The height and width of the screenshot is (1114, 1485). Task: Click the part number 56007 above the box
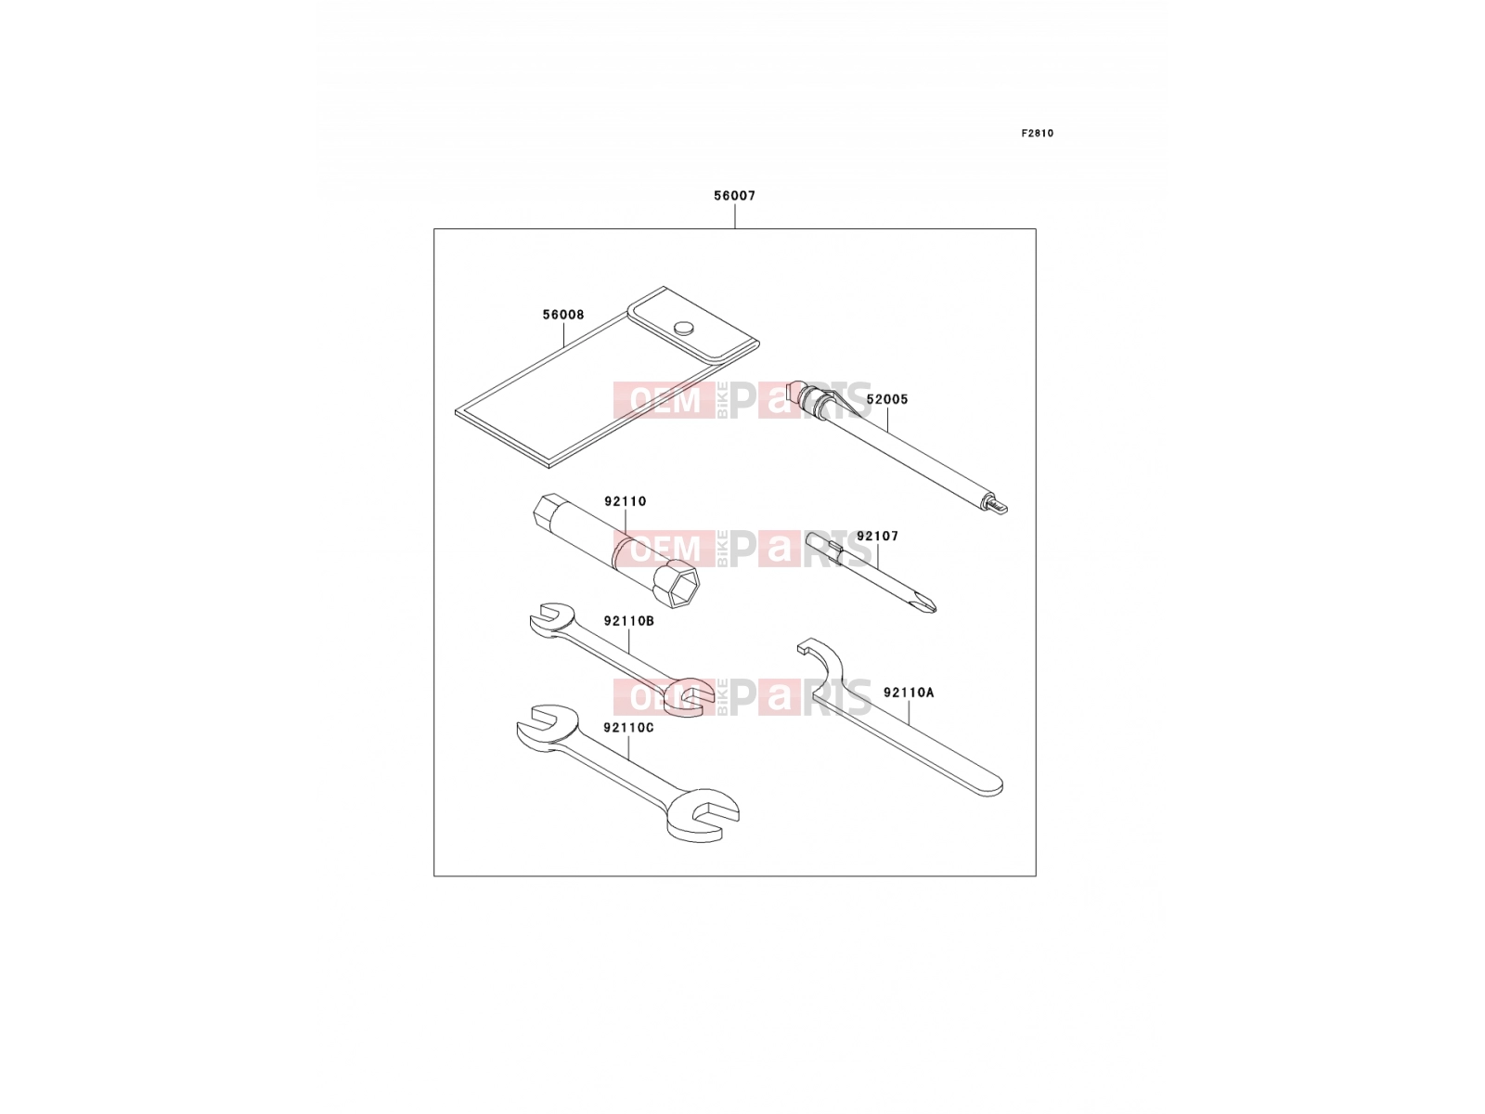tap(734, 196)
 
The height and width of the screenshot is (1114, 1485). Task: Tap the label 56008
tap(562, 315)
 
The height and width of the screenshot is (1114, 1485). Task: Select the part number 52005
tap(887, 399)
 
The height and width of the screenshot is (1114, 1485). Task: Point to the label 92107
tap(877, 536)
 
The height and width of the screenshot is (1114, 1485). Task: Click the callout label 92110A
tap(909, 692)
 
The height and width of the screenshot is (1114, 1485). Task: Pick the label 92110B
tap(629, 620)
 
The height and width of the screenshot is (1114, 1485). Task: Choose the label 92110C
tap(629, 727)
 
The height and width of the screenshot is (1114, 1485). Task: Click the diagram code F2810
tap(1037, 134)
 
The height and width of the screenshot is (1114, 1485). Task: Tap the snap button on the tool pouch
tap(684, 328)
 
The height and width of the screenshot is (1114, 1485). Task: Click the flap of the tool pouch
tap(693, 323)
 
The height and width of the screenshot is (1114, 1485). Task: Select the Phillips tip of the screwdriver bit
tap(927, 604)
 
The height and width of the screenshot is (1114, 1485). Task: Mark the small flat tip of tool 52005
tap(999, 506)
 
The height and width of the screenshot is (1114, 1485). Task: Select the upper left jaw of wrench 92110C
tap(548, 727)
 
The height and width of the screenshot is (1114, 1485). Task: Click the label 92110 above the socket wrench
tap(626, 501)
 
